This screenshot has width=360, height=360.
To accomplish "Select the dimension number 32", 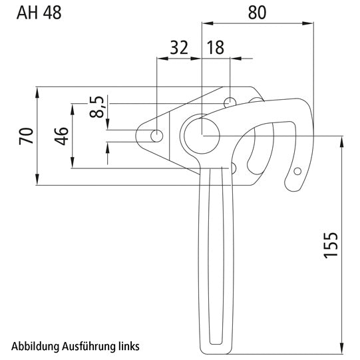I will pos(178,47).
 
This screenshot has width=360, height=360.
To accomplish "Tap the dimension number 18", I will pos(215,47).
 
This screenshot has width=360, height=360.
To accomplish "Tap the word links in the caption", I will pos(128,347).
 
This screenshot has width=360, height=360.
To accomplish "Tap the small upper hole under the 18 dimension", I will pos(230,102).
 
